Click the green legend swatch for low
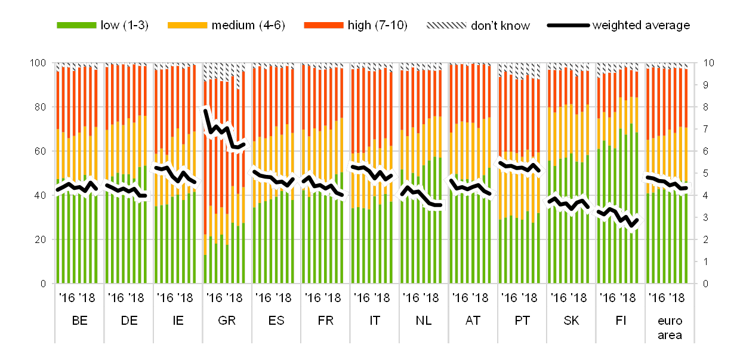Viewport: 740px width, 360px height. click(76, 26)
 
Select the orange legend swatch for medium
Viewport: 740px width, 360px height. click(187, 26)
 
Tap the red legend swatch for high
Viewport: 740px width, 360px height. click(323, 26)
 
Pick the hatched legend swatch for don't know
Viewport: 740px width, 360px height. click(446, 26)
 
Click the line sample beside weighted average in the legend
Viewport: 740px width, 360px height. click(568, 26)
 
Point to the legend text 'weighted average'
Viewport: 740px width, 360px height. click(641, 26)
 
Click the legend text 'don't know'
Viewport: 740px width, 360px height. click(500, 26)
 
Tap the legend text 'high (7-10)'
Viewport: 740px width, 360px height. click(378, 26)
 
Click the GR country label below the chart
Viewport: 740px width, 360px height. click(227, 321)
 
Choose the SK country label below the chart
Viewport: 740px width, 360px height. click(571, 321)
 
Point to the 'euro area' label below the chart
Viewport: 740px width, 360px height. click(670, 328)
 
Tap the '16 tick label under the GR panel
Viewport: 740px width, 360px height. click(215, 298)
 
